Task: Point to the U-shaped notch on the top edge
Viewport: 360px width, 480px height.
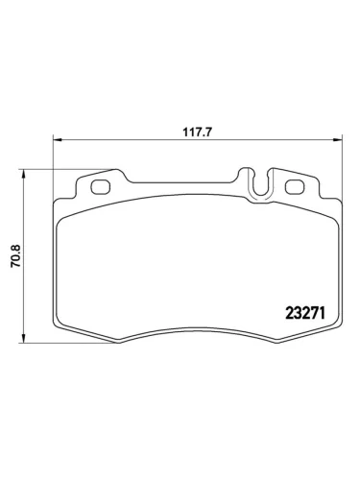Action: coord(258,184)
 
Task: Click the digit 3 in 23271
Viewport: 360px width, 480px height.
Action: coord(299,312)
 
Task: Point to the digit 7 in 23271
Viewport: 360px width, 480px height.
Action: coord(317,312)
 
